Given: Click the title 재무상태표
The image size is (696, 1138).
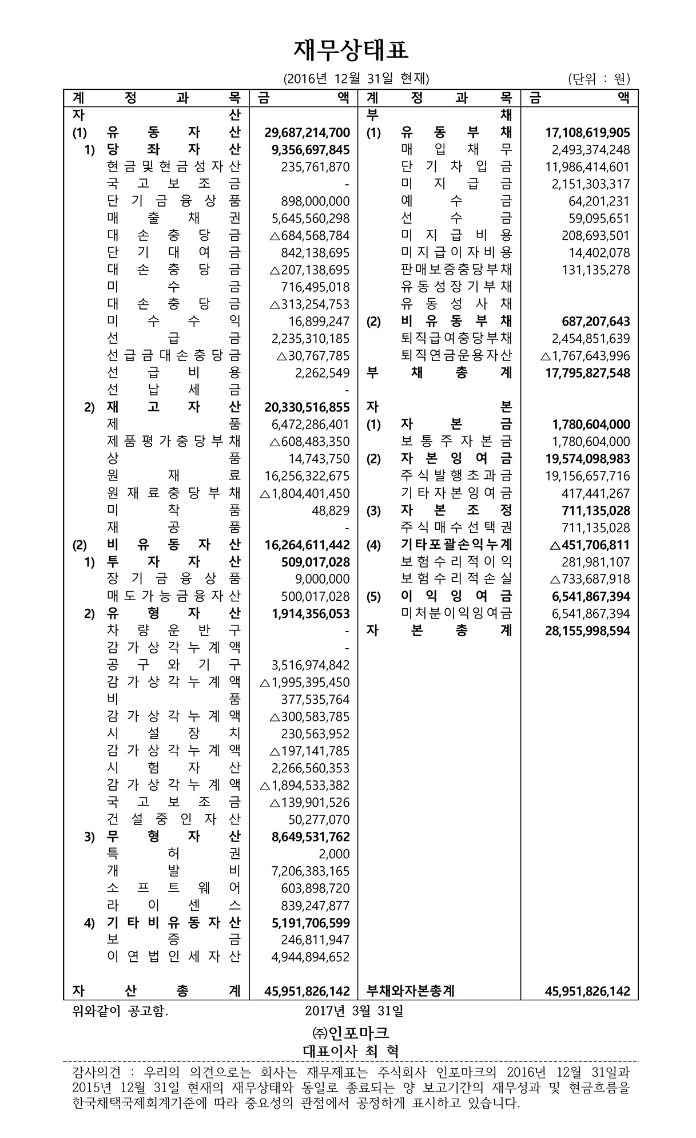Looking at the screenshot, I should pyautogui.click(x=351, y=50).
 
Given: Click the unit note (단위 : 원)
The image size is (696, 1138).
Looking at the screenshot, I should pyautogui.click(x=599, y=79).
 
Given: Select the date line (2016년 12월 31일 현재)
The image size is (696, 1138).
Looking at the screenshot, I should pyautogui.click(x=356, y=79).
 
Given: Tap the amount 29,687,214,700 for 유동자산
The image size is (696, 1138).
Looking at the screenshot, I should pyautogui.click(x=307, y=133).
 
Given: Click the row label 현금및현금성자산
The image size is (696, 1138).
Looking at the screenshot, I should pyautogui.click(x=174, y=167).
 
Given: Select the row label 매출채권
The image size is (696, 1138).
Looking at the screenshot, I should pyautogui.click(x=174, y=219).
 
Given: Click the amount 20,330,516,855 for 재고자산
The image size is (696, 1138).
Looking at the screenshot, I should pyautogui.click(x=307, y=407).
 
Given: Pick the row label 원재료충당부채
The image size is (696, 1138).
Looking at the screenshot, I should pyautogui.click(x=174, y=493).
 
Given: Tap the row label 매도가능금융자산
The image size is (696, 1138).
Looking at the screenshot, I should pyautogui.click(x=174, y=596).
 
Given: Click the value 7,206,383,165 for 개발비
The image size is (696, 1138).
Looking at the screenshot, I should pyautogui.click(x=311, y=871).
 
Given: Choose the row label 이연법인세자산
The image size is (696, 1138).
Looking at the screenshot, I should pyautogui.click(x=174, y=957).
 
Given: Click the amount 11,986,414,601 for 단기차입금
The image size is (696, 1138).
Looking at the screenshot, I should pyautogui.click(x=587, y=167).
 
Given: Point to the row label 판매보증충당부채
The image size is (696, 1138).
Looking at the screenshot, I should pyautogui.click(x=456, y=270).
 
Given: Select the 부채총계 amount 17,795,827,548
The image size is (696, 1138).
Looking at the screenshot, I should pyautogui.click(x=587, y=373).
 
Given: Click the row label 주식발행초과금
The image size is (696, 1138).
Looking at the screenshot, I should pyautogui.click(x=456, y=476).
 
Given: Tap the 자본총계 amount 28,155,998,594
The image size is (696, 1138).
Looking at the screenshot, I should pyautogui.click(x=587, y=631).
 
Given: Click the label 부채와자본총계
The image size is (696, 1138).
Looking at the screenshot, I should pyautogui.click(x=410, y=992).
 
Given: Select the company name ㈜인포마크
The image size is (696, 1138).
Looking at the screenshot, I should pyautogui.click(x=351, y=1033).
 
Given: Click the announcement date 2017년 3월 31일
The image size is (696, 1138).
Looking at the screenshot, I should pyautogui.click(x=354, y=1012).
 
